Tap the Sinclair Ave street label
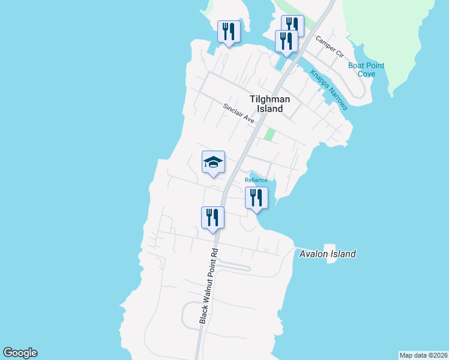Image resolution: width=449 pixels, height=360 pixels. click(239, 113)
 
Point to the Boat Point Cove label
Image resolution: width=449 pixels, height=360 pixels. click(367, 70)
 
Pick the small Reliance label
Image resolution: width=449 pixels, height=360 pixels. click(256, 180)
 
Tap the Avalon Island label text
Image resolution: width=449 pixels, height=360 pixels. click(327, 254)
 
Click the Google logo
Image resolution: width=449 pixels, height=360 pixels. click(20, 353)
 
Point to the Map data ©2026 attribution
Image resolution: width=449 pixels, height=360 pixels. click(423, 355)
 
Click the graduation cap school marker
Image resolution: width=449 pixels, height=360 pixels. click(213, 162)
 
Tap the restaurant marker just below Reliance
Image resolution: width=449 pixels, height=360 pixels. click(256, 197)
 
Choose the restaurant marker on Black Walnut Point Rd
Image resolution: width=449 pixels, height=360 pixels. click(212, 218)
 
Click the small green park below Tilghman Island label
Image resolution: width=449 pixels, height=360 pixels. click(270, 134)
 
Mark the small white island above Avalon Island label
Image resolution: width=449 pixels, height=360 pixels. click(329, 248)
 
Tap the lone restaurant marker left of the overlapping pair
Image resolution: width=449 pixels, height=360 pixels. click(229, 31)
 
